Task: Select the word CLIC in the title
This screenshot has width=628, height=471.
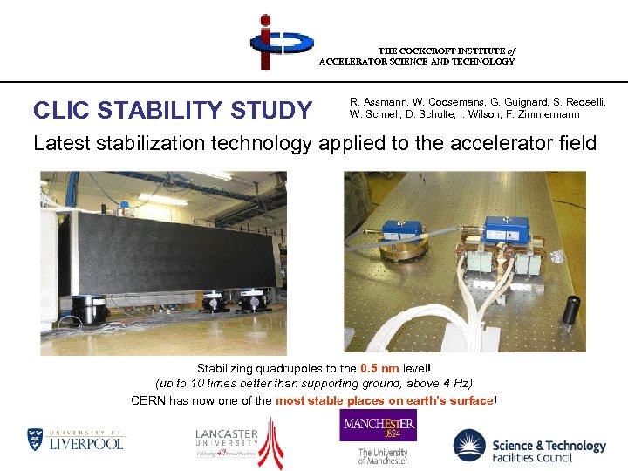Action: pos(62,111)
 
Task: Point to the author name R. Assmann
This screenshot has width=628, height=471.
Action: pos(377,102)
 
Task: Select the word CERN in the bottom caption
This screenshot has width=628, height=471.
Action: pos(148,400)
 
